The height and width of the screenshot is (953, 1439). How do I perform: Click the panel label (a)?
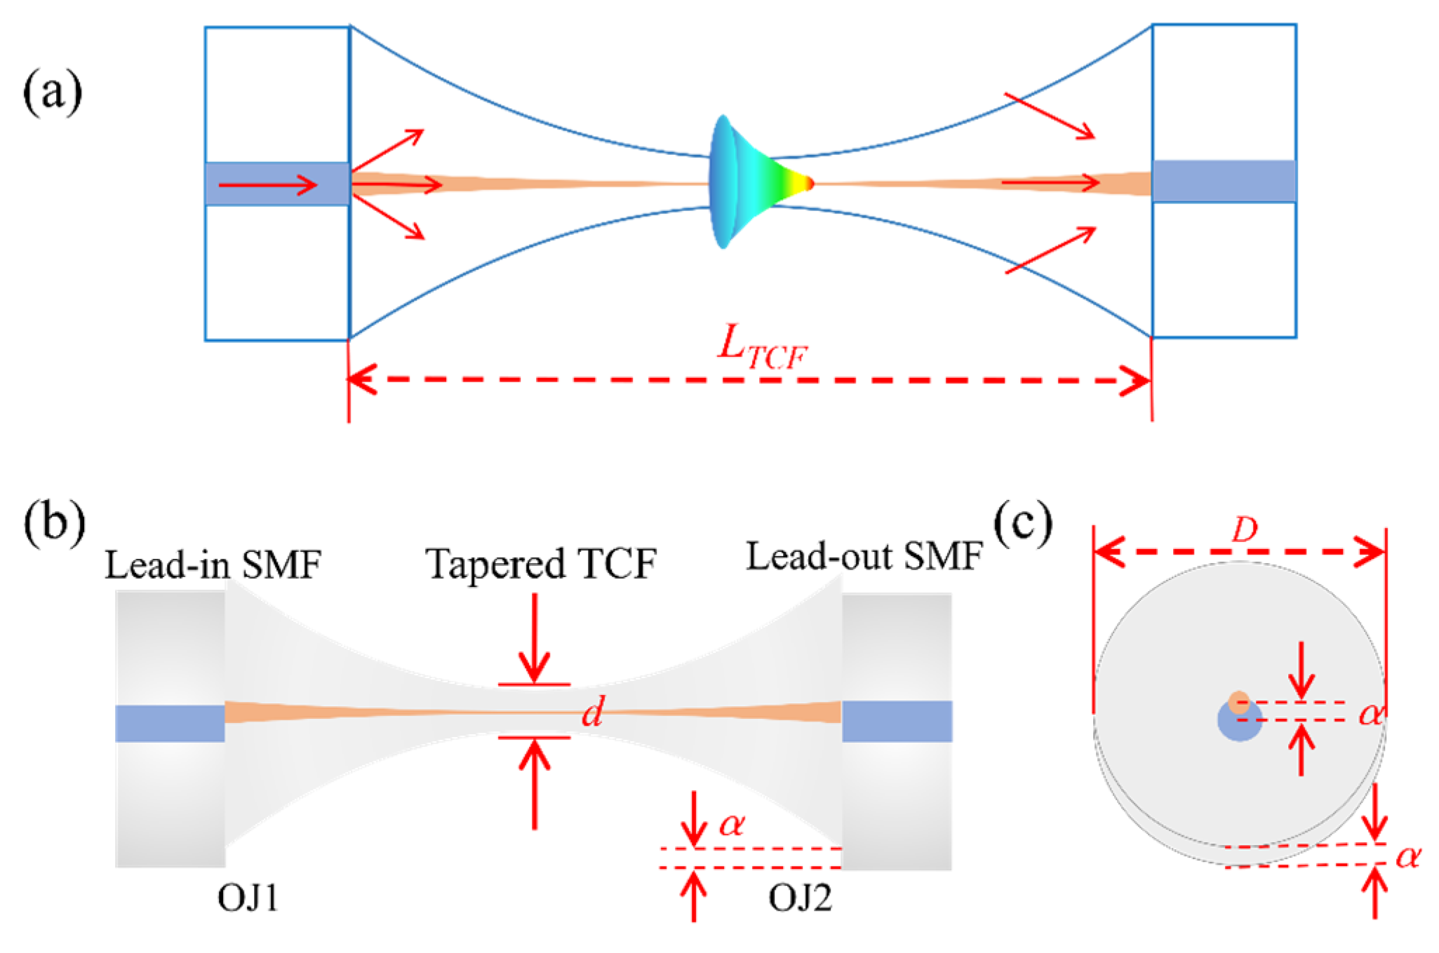pyautogui.click(x=53, y=92)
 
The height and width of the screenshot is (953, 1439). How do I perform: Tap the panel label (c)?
pyautogui.click(x=1024, y=522)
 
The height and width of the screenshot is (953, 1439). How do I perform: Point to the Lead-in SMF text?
pyautogui.click(x=213, y=564)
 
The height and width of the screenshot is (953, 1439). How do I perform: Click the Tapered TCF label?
pyautogui.click(x=541, y=563)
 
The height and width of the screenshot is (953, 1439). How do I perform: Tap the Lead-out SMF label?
pyautogui.click(x=864, y=557)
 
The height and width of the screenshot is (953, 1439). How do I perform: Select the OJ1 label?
pyautogui.click(x=248, y=898)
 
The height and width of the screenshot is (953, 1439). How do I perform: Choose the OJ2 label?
pyautogui.click(x=800, y=898)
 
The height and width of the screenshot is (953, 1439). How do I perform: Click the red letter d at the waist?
pyautogui.click(x=593, y=713)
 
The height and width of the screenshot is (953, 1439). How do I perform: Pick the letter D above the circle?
pyautogui.click(x=1244, y=530)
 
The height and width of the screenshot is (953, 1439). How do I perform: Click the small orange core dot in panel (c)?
pyautogui.click(x=1239, y=703)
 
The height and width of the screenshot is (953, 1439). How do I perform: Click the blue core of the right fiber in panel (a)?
pyautogui.click(x=1224, y=181)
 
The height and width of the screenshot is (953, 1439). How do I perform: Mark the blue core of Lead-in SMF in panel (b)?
pyautogui.click(x=170, y=723)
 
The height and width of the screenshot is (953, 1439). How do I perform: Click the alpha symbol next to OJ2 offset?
pyautogui.click(x=732, y=825)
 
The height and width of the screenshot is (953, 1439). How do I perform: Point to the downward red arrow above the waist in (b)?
pyautogui.click(x=535, y=638)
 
